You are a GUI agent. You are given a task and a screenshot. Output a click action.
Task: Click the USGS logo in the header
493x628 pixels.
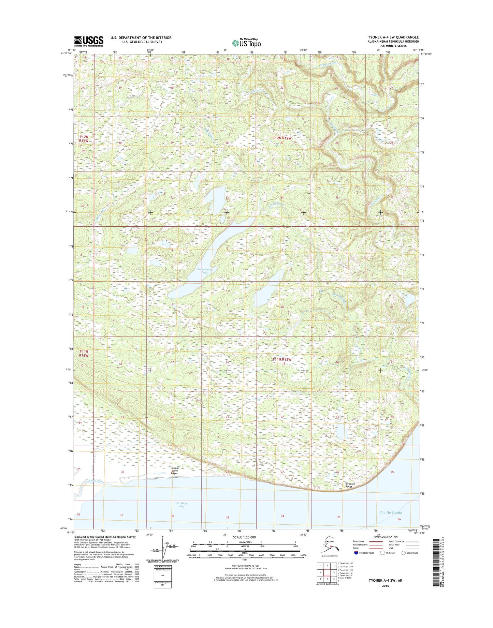coord(89,41)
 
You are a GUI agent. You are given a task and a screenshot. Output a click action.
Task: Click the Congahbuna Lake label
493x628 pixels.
coord(205,271)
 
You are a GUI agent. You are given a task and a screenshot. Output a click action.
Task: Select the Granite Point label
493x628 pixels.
coord(349,485)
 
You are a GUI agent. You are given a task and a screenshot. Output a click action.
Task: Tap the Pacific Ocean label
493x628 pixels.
coord(390,512)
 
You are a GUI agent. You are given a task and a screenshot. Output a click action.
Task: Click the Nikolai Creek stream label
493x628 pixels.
coord(94,481)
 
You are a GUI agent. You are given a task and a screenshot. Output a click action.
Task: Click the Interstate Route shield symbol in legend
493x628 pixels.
coord(356,553)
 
